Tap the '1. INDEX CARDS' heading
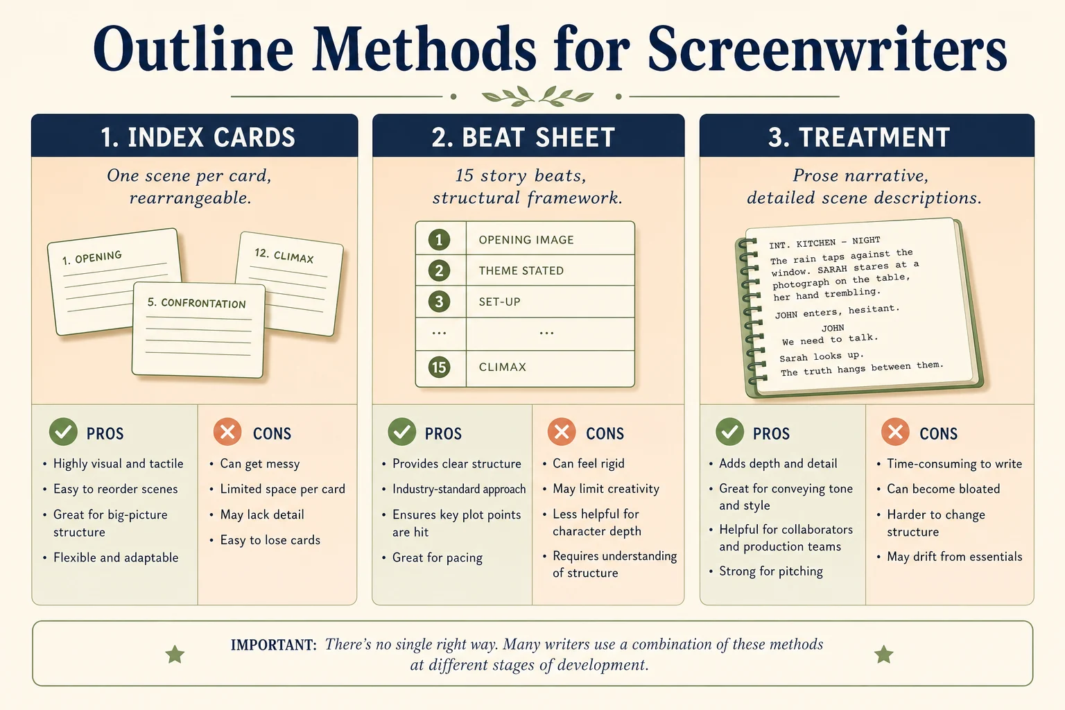pos(198,137)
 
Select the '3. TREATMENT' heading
pos(859,137)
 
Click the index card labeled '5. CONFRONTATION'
pos(198,330)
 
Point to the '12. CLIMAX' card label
pos(284,255)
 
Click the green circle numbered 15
pos(439,367)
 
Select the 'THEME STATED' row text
pos(521,270)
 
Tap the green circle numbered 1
pos(439,240)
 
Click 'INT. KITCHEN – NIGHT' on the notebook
pos(824,243)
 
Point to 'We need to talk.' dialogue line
pos(830,339)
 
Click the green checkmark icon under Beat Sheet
pos(401,432)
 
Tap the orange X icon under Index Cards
pos(227,432)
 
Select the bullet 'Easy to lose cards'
pos(270,540)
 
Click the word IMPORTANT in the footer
pos(273,646)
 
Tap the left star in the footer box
pos(175,655)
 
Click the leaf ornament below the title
pos(537,96)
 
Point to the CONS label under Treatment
pos(938,434)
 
